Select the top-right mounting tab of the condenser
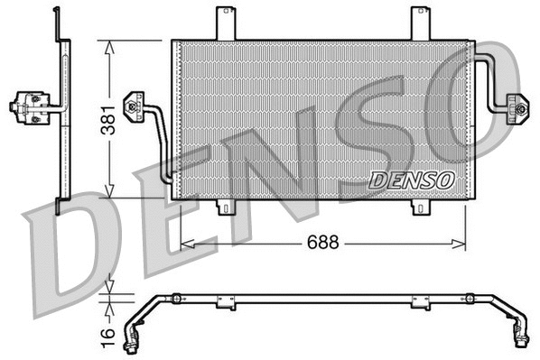[x=420, y=23]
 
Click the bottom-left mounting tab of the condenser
[x=226, y=208]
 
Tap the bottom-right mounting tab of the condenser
[x=420, y=208]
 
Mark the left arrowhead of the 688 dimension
[x=186, y=242]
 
